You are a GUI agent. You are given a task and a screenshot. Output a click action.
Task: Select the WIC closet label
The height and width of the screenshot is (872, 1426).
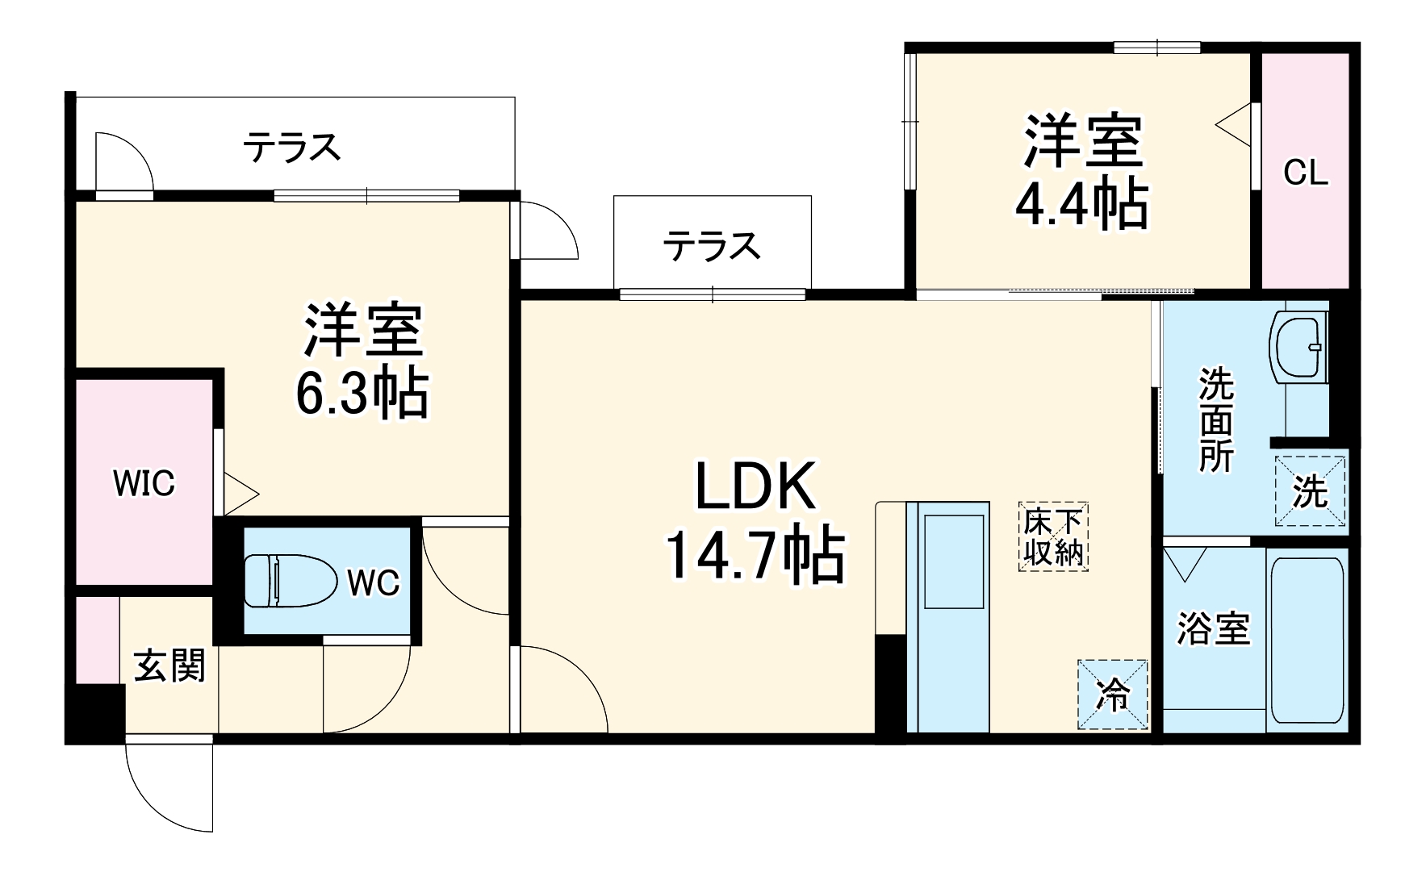tap(144, 484)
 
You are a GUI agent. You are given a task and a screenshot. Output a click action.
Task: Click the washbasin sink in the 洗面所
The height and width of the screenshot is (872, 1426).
tap(1298, 346)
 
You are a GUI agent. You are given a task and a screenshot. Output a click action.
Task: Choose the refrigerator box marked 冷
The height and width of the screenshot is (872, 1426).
tap(1113, 695)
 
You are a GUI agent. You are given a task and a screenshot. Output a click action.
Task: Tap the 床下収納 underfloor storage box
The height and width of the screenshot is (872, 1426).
tap(1053, 537)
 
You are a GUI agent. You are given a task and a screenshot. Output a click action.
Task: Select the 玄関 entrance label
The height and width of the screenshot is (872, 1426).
tap(169, 665)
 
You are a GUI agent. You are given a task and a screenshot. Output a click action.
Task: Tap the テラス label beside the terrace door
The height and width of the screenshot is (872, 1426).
tap(292, 147)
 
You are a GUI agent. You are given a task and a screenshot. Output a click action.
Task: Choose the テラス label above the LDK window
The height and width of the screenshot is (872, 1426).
tap(711, 245)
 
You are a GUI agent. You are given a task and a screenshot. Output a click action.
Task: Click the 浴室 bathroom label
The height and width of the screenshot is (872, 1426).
tap(1213, 628)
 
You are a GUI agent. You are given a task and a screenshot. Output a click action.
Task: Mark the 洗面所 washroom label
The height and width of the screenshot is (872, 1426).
tap(1215, 419)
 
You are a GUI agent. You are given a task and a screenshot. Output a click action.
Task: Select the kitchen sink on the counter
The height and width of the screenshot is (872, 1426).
tap(953, 561)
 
